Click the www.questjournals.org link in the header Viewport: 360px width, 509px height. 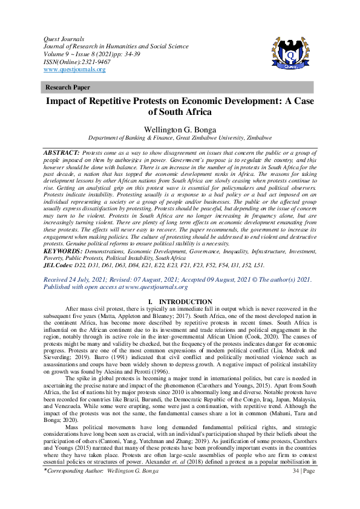coord(75,70)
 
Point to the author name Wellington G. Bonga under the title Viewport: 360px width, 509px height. coord(180,129)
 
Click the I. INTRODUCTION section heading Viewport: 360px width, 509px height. coord(180,302)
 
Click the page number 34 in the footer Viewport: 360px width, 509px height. coord(296,487)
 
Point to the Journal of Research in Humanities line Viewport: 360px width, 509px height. coord(115,46)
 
